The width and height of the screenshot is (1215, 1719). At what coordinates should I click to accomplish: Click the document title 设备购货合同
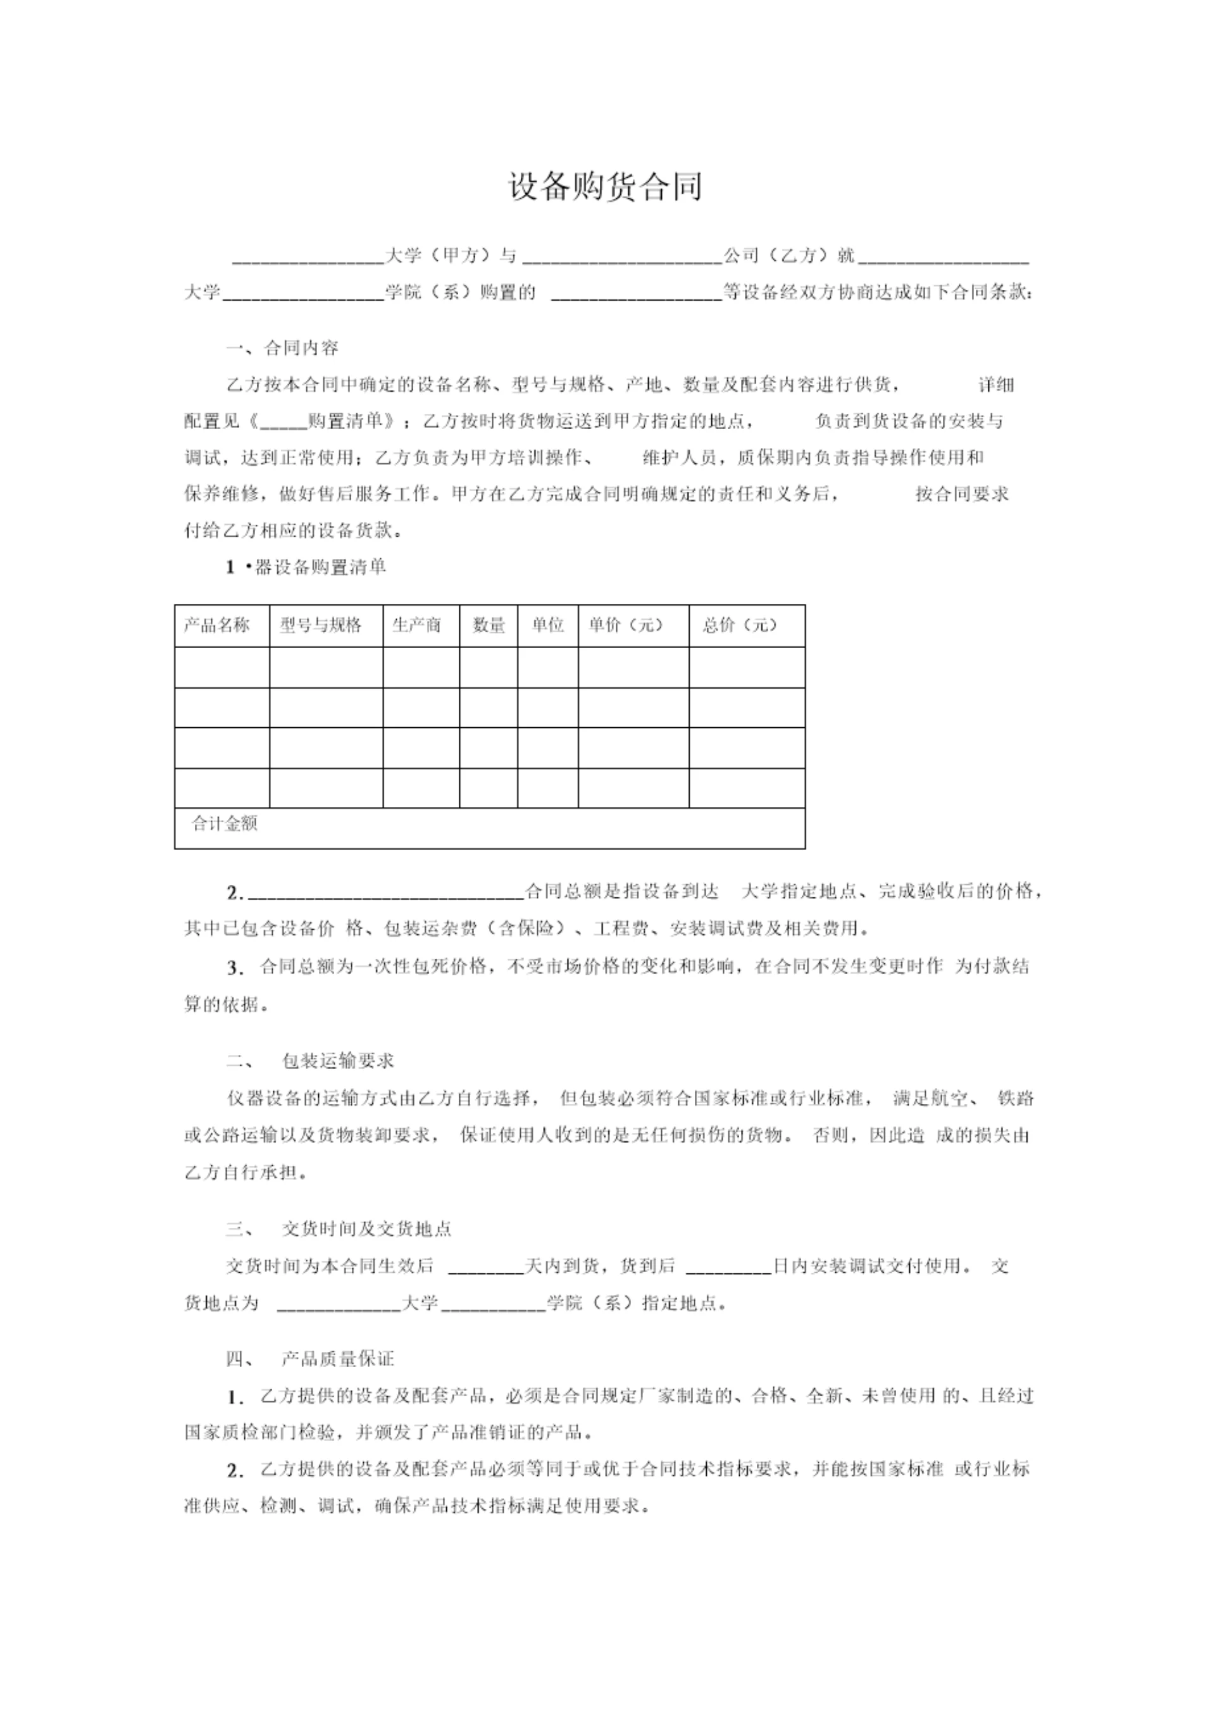[606, 187]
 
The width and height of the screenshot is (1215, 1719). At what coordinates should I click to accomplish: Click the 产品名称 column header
[217, 625]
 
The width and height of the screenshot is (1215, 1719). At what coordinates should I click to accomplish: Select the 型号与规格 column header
[321, 625]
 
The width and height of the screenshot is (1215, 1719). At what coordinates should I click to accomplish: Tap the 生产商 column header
[417, 625]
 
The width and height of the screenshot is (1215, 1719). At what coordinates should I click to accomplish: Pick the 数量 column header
[489, 625]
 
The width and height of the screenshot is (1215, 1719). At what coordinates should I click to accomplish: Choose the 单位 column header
[548, 625]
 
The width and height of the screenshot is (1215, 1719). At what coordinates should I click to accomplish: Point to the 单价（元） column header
[626, 625]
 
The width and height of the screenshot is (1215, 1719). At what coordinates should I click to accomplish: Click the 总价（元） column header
[740, 625]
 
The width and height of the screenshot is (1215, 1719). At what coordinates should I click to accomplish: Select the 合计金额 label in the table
[225, 824]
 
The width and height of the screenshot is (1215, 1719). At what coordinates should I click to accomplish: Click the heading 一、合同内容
[283, 348]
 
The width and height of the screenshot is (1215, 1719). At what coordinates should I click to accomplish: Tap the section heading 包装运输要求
[338, 1061]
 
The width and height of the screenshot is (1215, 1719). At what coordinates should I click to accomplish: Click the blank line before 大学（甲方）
[308, 259]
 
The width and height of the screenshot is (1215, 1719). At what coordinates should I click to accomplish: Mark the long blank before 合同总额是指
[385, 893]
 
